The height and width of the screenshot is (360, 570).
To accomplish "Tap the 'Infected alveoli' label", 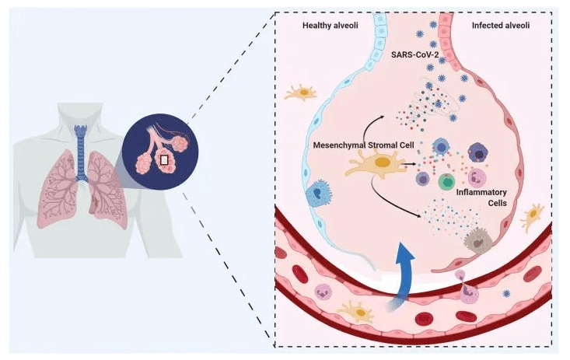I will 500,26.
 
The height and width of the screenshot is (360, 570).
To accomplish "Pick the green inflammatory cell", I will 446,182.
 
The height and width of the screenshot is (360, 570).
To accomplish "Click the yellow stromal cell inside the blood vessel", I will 356,310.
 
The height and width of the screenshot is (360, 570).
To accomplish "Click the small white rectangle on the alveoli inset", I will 164,160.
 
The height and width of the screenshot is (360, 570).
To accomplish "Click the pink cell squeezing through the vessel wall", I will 469,291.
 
